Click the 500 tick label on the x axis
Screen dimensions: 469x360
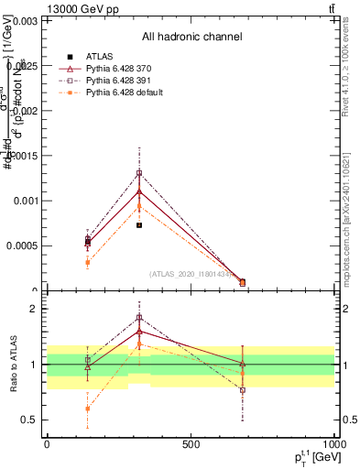(191, 443)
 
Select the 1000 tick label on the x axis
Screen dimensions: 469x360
(333, 443)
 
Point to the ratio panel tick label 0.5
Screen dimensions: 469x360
(27, 420)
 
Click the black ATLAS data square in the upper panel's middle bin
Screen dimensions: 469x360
(139, 224)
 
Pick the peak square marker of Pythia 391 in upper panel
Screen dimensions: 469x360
(139, 172)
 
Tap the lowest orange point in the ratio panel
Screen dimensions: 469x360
(87, 409)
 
